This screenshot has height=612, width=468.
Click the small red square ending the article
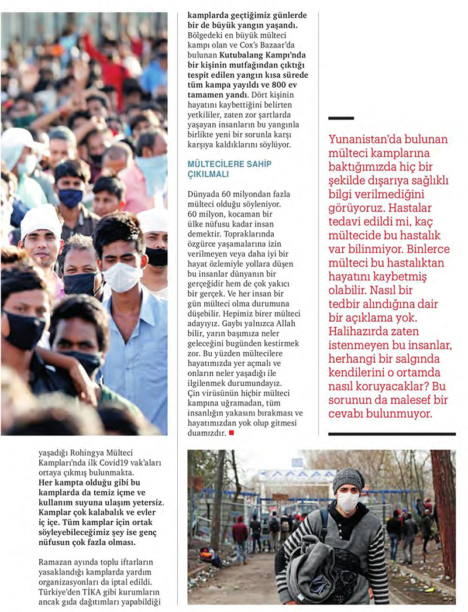click(x=232, y=433)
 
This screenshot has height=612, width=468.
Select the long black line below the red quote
click(x=391, y=434)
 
